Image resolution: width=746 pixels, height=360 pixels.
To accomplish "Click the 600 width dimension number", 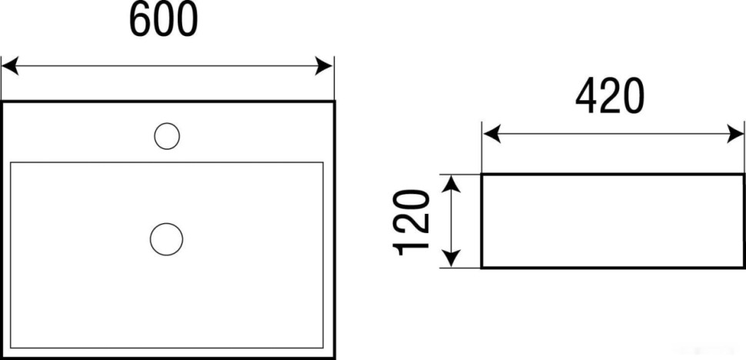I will coord(163,21).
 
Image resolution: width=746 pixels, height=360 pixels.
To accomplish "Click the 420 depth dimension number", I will coord(610,97).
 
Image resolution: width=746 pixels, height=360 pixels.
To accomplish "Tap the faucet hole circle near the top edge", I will coord(167,136).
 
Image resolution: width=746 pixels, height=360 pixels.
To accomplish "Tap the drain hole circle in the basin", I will coord(166,238).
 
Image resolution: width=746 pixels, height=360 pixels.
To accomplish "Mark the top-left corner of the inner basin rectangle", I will coord(11,162).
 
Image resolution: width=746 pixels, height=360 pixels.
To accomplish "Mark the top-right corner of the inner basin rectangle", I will coord(323,162).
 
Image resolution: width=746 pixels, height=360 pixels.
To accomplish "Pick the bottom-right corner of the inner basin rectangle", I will coord(323,347).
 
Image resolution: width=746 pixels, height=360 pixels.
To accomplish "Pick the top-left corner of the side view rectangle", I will coord(482,175).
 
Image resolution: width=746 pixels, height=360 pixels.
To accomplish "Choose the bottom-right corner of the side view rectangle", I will coord(744,268).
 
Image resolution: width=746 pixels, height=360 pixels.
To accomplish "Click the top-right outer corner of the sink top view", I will coord(335,102).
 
